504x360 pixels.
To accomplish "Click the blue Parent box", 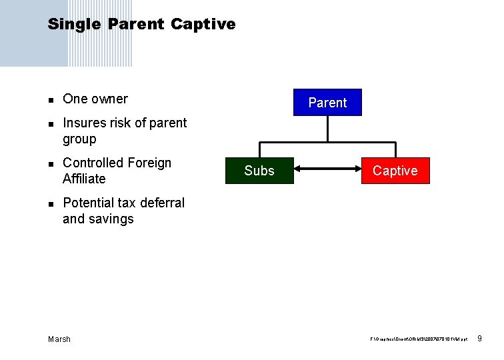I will coord(327,103).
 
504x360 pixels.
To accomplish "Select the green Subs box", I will coord(259,171).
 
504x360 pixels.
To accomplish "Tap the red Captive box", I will coord(395,171).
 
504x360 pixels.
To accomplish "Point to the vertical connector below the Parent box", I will coord(328,129).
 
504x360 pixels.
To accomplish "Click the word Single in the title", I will coord(74,25).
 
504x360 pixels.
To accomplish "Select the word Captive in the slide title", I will coord(203,25).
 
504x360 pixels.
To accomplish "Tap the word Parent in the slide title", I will coord(135,25).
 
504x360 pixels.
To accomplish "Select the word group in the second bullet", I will coord(79,139).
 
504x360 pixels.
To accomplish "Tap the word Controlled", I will coord(93,163).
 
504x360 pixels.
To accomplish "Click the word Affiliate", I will coord(84,179).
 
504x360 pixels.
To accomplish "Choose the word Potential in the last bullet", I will coord(89,203).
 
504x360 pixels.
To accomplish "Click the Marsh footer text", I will coord(59,339).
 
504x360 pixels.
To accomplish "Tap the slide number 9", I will coord(481,339).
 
